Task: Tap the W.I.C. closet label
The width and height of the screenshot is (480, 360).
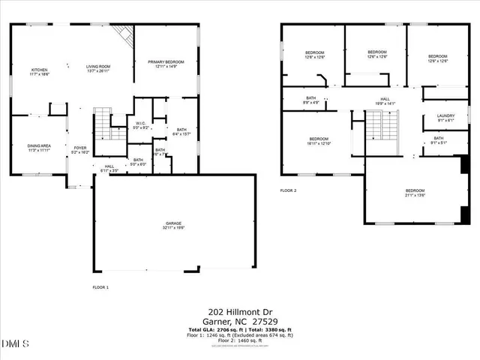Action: [139, 125]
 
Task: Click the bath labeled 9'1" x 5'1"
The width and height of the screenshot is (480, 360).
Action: [438, 140]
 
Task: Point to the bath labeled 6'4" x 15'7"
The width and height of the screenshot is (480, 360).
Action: [181, 132]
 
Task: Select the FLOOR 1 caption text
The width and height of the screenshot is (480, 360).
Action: [100, 288]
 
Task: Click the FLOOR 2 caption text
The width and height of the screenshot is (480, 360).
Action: [289, 191]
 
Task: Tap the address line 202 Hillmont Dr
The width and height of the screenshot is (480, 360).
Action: [239, 311]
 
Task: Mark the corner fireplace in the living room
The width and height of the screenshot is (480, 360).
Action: [123, 34]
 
